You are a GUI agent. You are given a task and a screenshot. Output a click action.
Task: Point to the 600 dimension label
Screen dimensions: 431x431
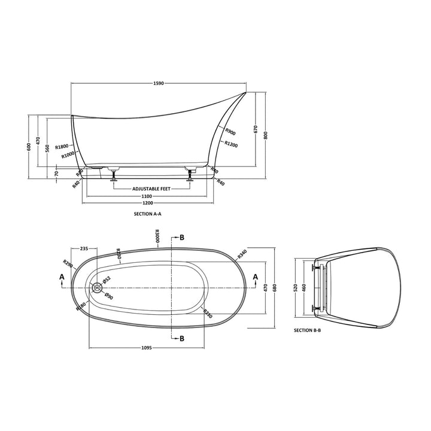coord(28,147)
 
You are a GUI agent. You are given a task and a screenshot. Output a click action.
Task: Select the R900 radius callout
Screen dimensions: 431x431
coord(230,133)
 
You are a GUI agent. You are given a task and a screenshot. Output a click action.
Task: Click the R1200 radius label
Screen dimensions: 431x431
coord(231,144)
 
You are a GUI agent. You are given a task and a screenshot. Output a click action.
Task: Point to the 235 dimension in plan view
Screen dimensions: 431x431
coord(84,248)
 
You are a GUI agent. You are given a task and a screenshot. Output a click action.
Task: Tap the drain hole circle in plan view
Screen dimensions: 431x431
coord(98,287)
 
